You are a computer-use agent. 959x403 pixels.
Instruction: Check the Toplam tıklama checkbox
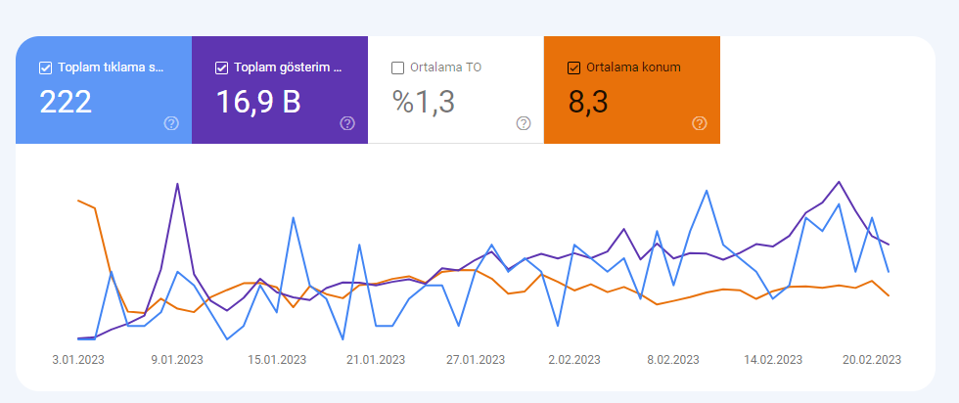click(x=45, y=67)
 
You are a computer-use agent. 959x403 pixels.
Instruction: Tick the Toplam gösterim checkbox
click(x=221, y=67)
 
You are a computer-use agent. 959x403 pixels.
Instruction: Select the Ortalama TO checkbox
click(x=397, y=67)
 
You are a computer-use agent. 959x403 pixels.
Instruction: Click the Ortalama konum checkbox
click(x=573, y=67)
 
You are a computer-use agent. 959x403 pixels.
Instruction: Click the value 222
click(x=66, y=102)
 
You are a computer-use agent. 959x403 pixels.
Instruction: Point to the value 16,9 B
click(x=258, y=102)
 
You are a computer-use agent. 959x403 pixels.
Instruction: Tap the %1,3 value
click(x=423, y=102)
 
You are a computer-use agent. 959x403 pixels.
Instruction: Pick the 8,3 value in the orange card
click(x=588, y=102)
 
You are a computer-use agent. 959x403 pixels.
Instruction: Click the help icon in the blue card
click(x=171, y=123)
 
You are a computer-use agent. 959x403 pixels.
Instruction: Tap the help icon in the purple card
click(x=347, y=123)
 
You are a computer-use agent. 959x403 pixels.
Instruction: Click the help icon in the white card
click(x=524, y=123)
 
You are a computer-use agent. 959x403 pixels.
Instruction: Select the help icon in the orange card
click(x=700, y=123)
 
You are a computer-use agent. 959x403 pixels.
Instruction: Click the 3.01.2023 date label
click(x=77, y=360)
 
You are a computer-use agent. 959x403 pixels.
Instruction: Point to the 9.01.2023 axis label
click(x=177, y=360)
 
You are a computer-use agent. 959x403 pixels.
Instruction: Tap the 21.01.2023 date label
click(x=376, y=360)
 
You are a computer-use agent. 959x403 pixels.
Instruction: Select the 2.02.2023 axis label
click(x=574, y=360)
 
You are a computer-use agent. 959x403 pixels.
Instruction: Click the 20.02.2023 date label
click(x=872, y=360)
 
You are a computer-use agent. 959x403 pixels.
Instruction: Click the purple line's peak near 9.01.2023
click(x=177, y=184)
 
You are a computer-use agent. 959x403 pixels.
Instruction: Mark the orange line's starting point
click(x=78, y=200)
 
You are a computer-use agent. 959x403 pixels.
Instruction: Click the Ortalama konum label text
click(x=633, y=67)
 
